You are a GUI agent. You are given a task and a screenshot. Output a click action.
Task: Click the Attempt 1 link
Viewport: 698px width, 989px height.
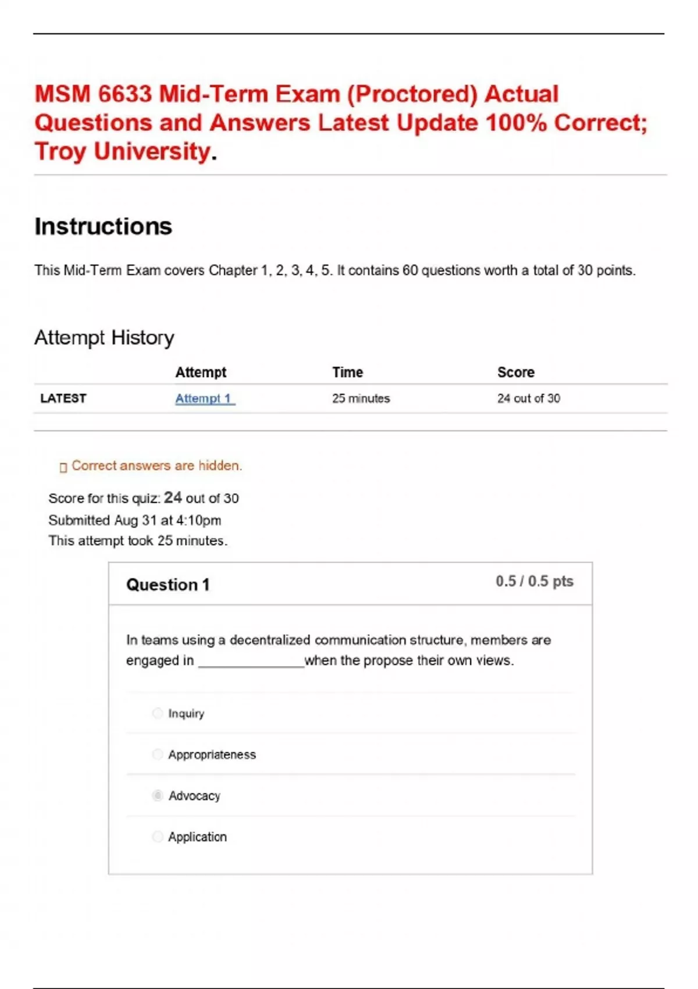coord(205,399)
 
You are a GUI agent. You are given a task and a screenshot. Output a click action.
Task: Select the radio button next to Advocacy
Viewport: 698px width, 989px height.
coord(158,795)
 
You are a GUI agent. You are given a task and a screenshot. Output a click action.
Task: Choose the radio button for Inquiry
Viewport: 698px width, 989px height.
coord(158,713)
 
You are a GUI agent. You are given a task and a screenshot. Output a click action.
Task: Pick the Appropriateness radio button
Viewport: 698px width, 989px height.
coord(158,755)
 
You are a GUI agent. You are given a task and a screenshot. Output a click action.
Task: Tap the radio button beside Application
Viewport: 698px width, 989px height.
coord(158,837)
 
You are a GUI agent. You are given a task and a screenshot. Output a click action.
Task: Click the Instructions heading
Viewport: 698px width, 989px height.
coord(103,226)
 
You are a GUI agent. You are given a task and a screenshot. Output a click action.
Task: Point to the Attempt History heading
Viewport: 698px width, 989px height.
coord(104,337)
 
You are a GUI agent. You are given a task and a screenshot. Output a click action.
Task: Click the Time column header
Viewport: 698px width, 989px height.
coord(347,372)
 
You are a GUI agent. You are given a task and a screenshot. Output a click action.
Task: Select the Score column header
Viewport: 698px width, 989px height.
coord(515,372)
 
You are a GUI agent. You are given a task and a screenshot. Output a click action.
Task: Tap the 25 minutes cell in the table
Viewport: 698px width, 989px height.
coord(361,399)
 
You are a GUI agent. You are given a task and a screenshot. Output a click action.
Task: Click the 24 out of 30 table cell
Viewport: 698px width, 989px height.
coord(528,399)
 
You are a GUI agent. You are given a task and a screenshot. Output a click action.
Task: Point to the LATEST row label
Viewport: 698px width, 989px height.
coord(63,399)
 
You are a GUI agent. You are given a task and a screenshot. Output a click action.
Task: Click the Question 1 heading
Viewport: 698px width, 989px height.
coord(168,585)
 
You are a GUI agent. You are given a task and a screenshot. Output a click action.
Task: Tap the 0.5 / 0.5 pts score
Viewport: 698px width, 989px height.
coord(534,581)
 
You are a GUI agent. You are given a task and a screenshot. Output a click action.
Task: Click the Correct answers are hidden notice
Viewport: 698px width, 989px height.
coord(156,465)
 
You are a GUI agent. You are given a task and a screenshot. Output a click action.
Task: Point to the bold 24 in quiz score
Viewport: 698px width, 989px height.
coord(173,497)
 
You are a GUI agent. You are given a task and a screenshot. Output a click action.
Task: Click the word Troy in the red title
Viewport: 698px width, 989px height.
coord(60,151)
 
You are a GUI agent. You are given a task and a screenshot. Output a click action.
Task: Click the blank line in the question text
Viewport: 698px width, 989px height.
coord(251,662)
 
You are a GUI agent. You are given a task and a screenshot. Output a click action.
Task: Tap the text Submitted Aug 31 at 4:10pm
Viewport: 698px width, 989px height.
coord(134,520)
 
